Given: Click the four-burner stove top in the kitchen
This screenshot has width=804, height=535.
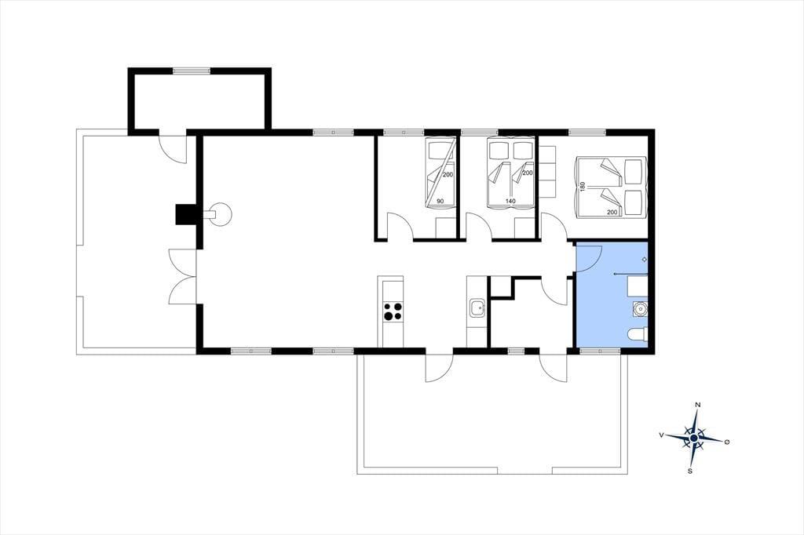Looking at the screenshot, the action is point(393,311).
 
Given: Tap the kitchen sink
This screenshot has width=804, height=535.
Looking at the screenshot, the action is point(477,309).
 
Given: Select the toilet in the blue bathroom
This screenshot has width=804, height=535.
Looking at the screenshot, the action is point(638,335).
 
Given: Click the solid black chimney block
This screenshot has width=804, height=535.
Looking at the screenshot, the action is point(185,214).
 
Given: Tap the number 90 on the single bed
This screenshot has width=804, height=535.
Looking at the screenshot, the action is point(440,202).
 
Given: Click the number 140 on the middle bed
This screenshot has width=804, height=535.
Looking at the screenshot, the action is point(510,202).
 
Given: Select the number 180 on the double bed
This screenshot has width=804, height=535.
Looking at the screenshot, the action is point(582,187).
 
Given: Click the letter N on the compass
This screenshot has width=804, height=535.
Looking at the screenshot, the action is point(697,405).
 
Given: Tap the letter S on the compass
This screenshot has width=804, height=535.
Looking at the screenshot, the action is point(690,471).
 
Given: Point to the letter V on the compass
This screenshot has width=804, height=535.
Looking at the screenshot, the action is point(662,435).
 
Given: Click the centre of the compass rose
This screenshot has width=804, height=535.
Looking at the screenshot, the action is point(694,439).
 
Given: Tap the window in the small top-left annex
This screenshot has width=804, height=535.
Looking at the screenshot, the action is point(192,71).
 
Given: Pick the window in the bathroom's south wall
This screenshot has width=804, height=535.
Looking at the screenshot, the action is point(601,351).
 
